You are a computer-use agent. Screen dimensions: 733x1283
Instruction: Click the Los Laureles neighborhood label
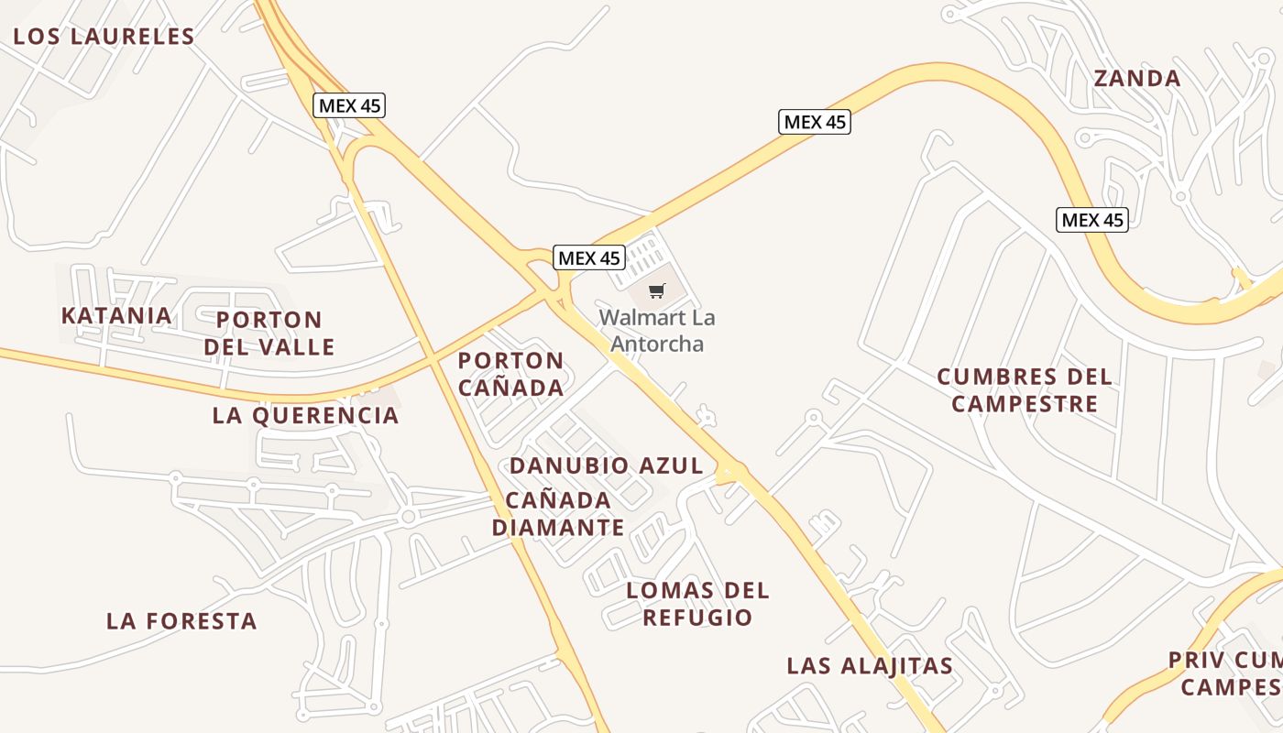click(x=104, y=37)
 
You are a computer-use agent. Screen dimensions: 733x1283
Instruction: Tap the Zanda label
click(x=1137, y=78)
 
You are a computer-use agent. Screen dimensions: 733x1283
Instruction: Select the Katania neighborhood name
click(x=116, y=316)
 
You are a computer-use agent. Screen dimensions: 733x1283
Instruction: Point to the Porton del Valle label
click(x=269, y=334)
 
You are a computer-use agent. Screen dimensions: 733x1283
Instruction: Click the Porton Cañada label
click(x=510, y=374)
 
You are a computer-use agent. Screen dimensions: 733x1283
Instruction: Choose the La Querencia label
click(x=305, y=415)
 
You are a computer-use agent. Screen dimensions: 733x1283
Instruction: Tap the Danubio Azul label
click(x=606, y=465)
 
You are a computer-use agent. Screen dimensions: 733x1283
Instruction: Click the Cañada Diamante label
click(x=558, y=513)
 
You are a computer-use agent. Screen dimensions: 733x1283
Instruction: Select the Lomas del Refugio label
click(x=697, y=603)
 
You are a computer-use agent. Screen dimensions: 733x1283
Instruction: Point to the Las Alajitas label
click(x=870, y=666)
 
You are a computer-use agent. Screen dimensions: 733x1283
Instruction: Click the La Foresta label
click(x=181, y=621)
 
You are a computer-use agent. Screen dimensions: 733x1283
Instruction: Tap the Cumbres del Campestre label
click(x=1025, y=390)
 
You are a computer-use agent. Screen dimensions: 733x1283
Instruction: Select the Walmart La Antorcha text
click(x=657, y=331)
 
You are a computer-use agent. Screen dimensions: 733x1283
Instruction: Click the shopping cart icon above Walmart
click(x=656, y=291)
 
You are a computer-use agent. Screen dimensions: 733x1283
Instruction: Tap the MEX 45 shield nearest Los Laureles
click(x=349, y=105)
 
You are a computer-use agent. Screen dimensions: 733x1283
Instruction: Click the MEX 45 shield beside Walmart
click(x=589, y=257)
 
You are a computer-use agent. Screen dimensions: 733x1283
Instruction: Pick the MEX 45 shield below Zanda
click(x=1091, y=220)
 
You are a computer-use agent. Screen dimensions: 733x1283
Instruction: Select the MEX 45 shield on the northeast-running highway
click(x=814, y=122)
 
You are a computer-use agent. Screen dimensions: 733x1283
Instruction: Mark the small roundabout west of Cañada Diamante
click(x=408, y=517)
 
